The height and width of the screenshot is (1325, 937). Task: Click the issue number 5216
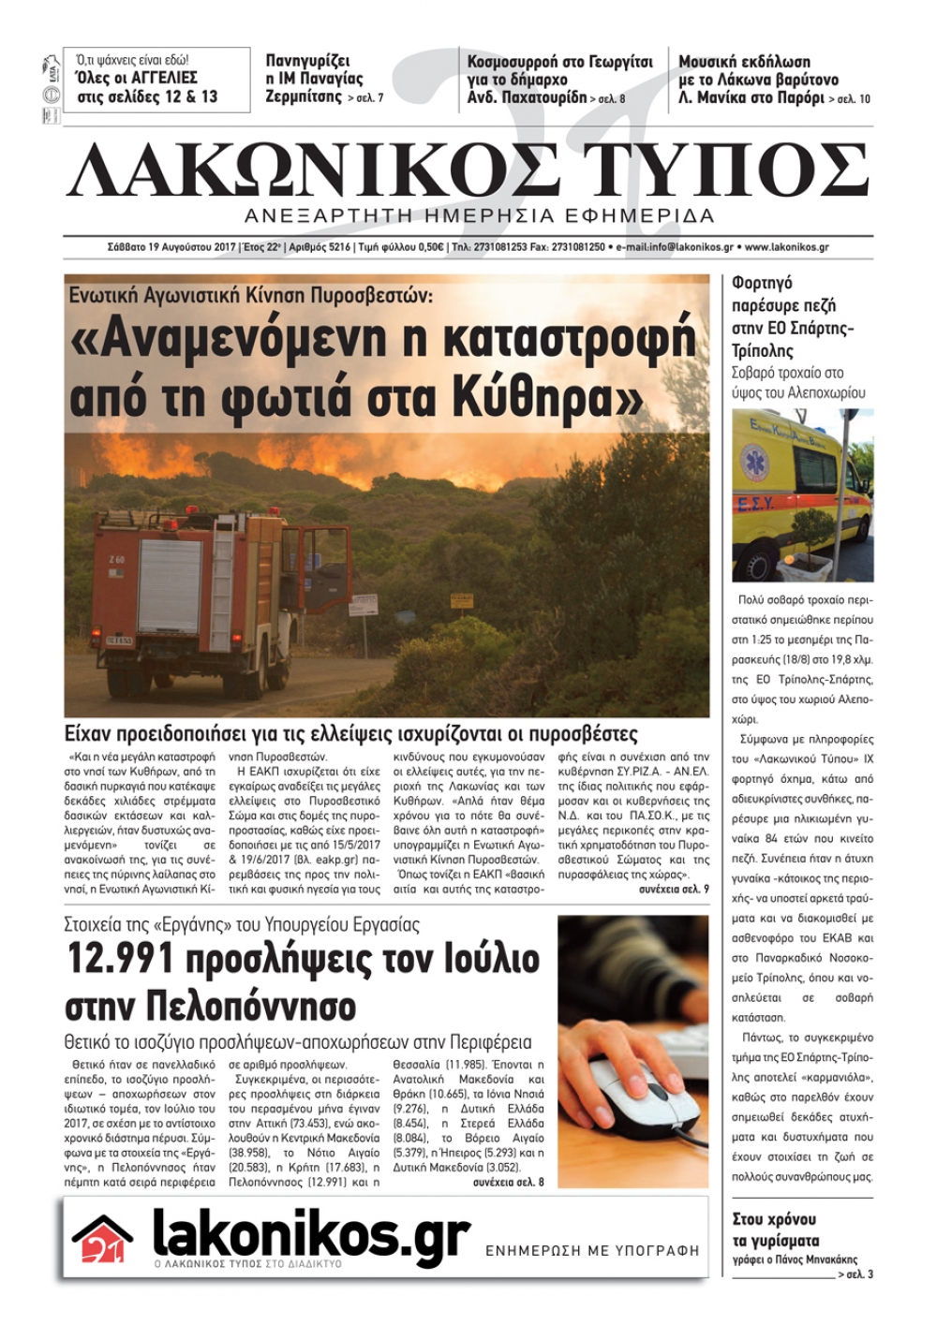(x=334, y=248)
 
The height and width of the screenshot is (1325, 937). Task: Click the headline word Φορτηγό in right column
(x=762, y=282)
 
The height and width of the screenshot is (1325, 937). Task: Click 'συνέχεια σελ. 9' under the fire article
(x=674, y=889)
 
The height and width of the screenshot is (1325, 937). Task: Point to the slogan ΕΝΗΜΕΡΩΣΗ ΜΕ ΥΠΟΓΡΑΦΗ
(x=592, y=1250)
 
